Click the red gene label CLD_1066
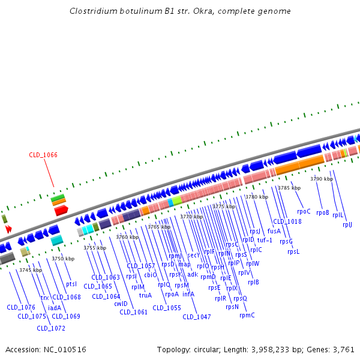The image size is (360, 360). tap(43, 155)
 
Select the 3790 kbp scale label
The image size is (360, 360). tap(321, 179)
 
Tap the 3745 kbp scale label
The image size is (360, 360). tap(31, 270)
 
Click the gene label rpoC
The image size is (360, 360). tap(304, 211)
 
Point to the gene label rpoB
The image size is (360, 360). tap(322, 212)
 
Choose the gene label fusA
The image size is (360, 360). tap(274, 231)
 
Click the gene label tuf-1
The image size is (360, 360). tap(265, 240)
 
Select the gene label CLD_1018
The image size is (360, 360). tap(287, 221)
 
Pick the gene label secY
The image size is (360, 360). tap(193, 255)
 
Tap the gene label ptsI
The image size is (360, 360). tap(71, 284)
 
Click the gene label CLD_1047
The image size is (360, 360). tap(197, 317)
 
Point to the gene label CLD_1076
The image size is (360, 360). tap(21, 307)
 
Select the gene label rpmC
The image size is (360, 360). tap(247, 315)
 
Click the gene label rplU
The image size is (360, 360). tap(347, 224)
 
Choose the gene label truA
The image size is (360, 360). tap(145, 295)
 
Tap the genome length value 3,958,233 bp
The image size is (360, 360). tap(274, 349)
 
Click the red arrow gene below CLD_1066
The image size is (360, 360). tap(60, 210)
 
